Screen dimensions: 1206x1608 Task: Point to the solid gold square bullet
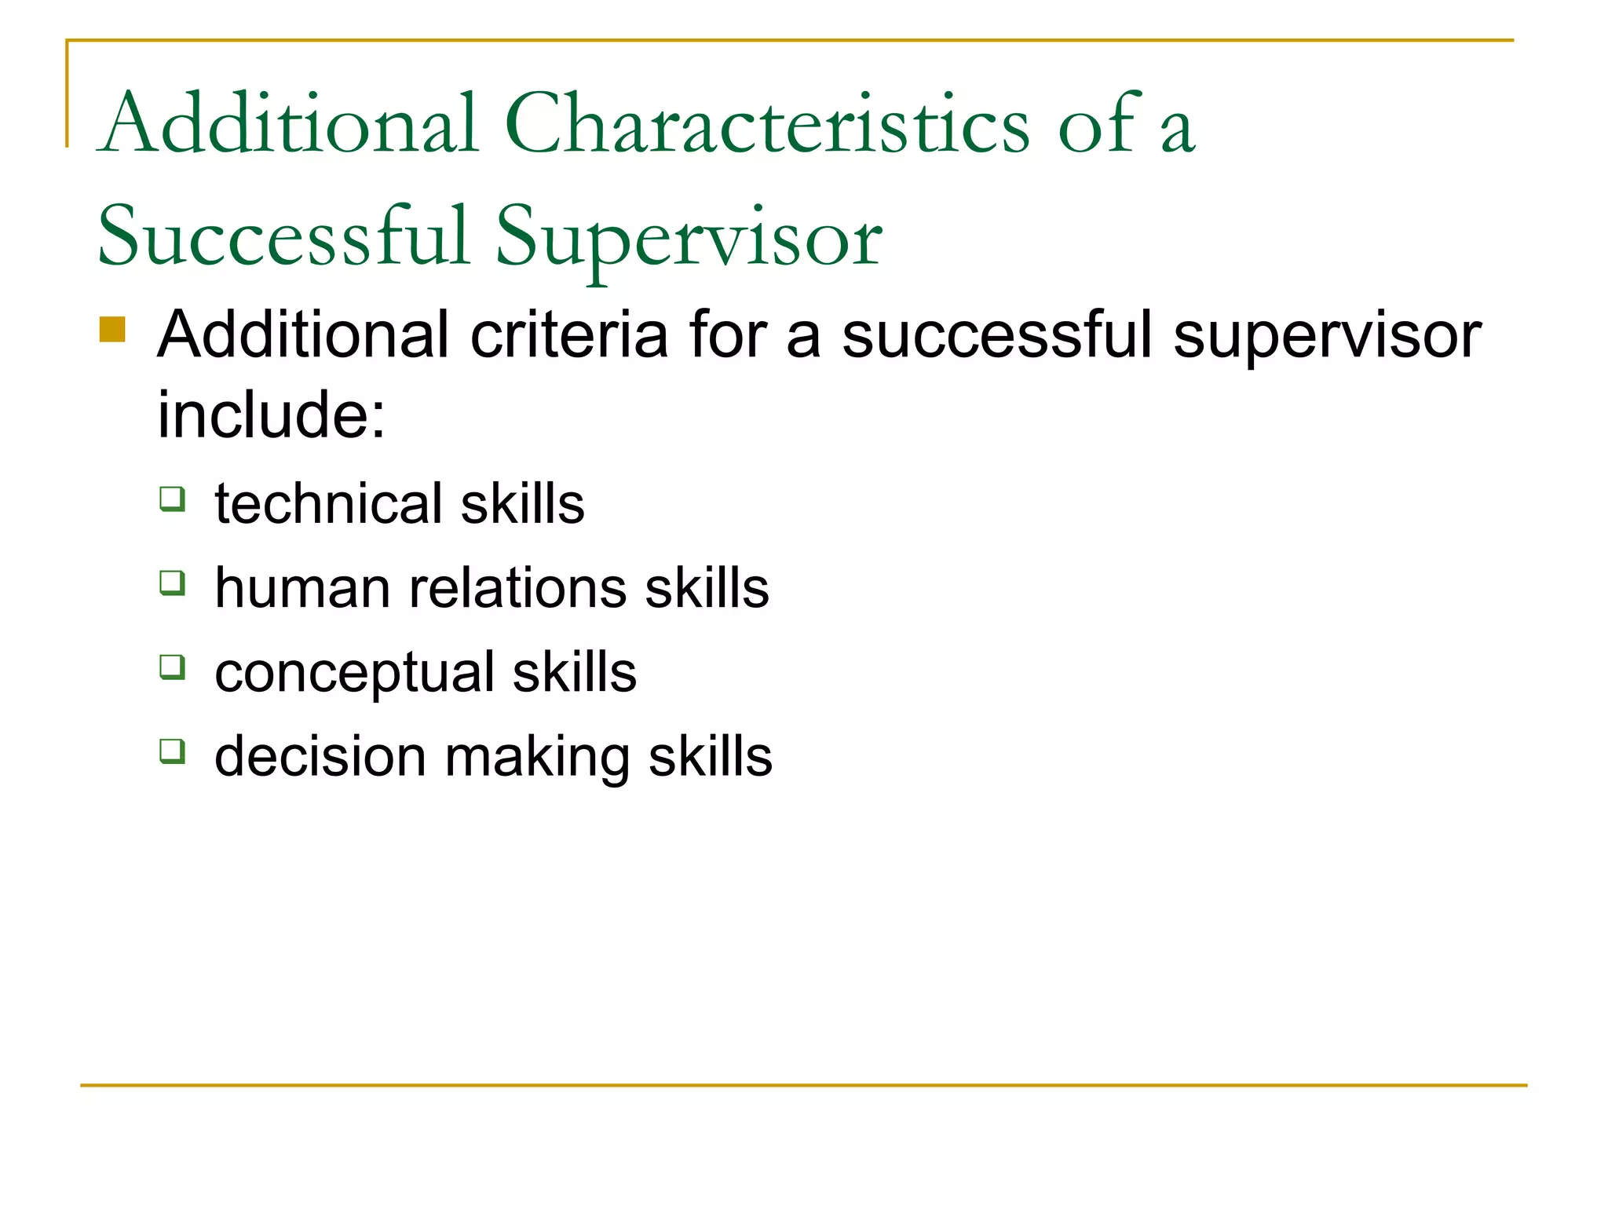(112, 330)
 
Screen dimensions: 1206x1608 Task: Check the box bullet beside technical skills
(172, 499)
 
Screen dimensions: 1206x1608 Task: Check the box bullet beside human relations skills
(172, 583)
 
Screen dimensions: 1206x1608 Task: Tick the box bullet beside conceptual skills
(172, 667)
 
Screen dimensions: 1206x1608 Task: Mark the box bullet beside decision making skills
(172, 751)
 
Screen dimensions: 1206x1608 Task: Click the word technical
(329, 503)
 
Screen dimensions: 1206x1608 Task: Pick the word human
(302, 588)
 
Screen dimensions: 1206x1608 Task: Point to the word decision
(320, 756)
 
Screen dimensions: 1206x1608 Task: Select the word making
(538, 758)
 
